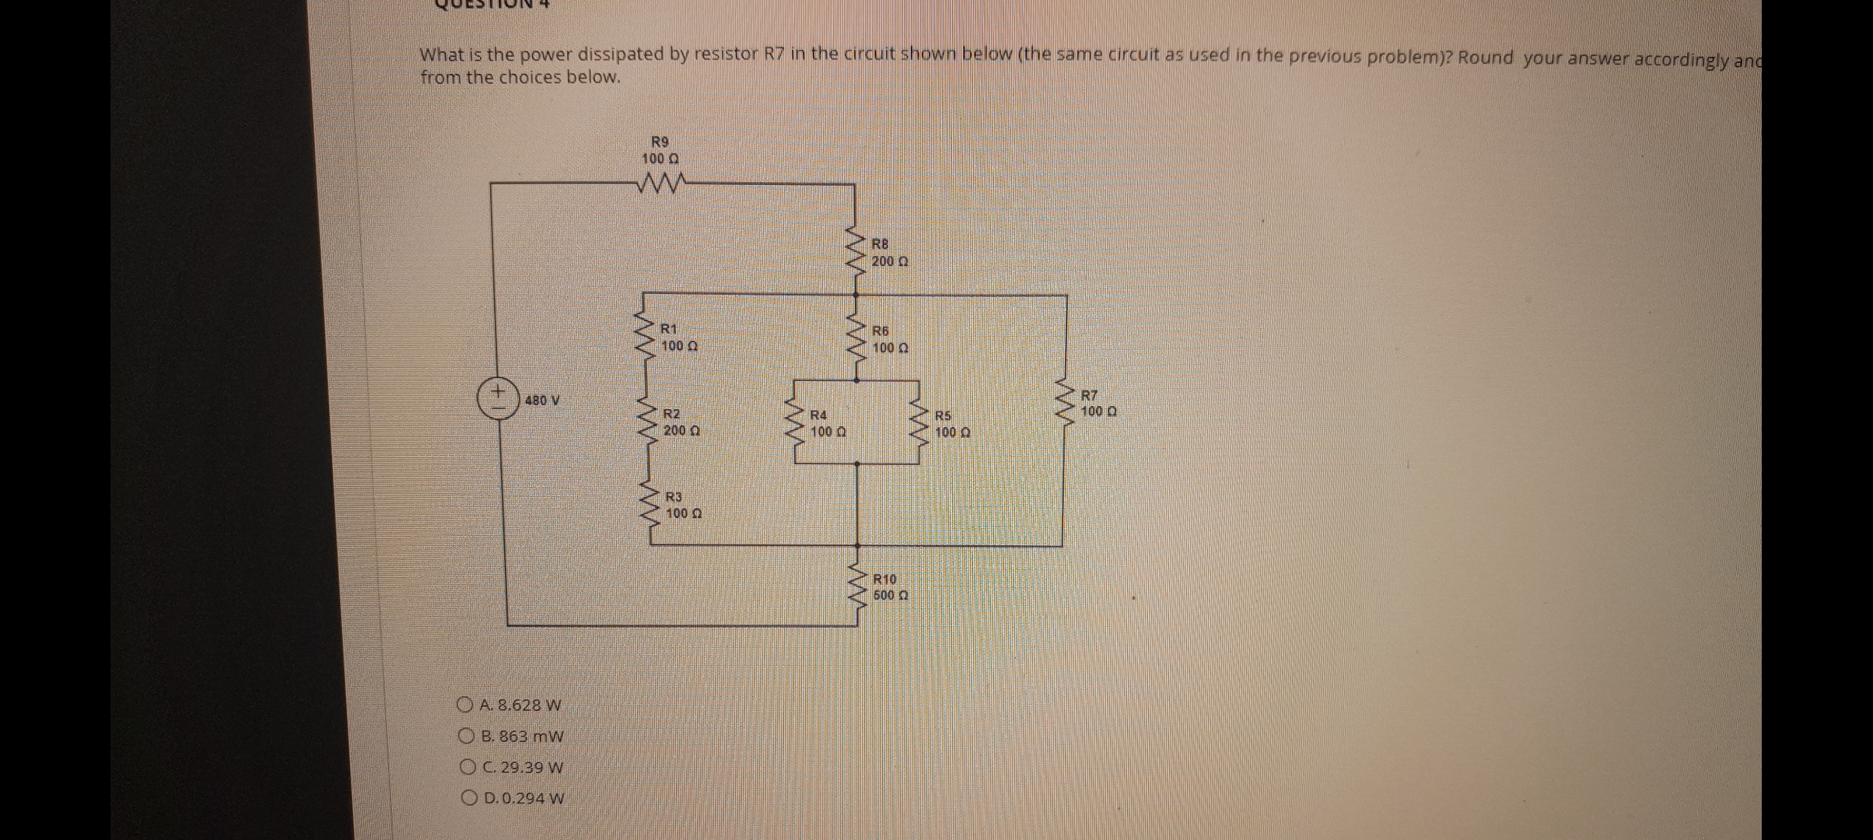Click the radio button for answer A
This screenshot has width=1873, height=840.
(x=466, y=705)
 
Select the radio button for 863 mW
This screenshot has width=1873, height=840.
(x=467, y=736)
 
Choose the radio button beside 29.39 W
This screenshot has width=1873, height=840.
(x=467, y=768)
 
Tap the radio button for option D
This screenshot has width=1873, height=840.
(x=469, y=798)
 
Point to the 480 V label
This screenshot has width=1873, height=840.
(x=542, y=401)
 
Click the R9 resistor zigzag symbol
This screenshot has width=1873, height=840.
(x=661, y=185)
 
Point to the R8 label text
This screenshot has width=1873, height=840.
(x=880, y=244)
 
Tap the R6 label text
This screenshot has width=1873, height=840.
(x=880, y=331)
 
